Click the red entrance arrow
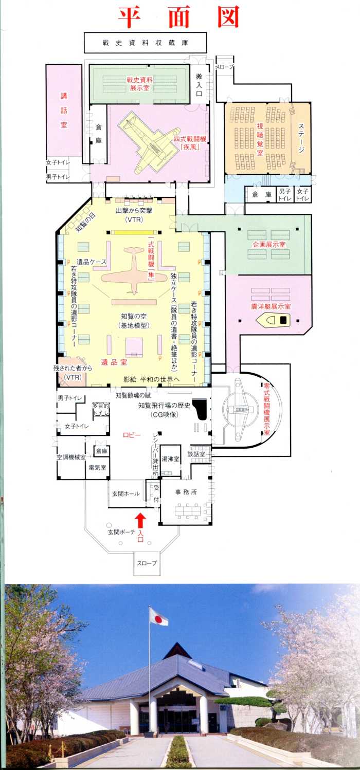[140, 520]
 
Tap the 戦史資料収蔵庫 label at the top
[145, 43]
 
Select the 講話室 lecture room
[64, 111]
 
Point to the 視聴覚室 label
[260, 139]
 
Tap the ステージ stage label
[301, 138]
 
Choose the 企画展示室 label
[269, 244]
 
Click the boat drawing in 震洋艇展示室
[273, 320]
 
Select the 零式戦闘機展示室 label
[266, 409]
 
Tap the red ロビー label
[132, 435]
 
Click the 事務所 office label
[186, 492]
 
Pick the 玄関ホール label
[126, 493]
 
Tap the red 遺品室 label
[114, 362]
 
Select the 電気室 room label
[97, 467]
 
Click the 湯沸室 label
[171, 459]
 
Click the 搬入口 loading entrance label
[199, 84]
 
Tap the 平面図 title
[179, 16]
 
